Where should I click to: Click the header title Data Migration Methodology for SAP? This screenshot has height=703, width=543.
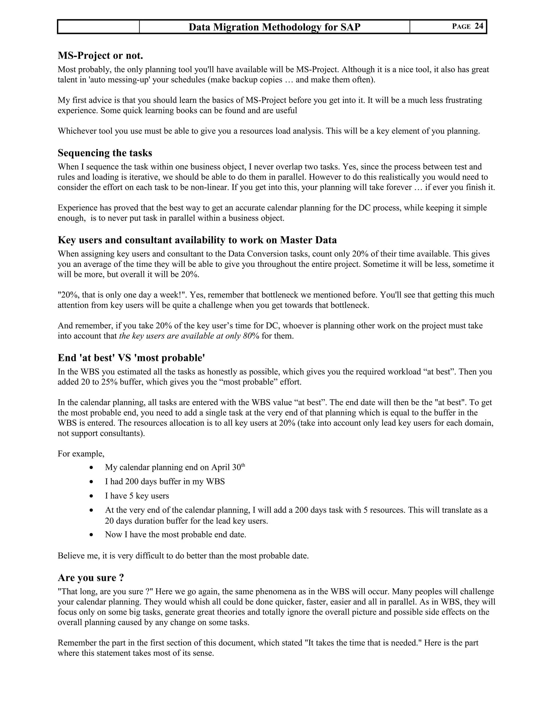pos(274,27)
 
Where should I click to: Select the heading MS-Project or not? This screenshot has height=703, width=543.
pos(100,56)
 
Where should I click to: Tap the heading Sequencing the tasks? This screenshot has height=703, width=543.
pos(105,153)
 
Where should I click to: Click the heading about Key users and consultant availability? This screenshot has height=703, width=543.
pos(197,240)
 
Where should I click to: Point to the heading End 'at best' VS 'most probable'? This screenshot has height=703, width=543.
pos(131,358)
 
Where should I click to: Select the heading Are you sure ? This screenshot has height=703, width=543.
pos(91,578)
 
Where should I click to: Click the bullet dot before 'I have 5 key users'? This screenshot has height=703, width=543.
pos(92,496)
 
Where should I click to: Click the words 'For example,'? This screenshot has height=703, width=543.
pos(81,454)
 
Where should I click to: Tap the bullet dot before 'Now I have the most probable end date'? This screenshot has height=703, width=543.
pos(92,535)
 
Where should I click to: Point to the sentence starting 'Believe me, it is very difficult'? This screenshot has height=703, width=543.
pos(183,556)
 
